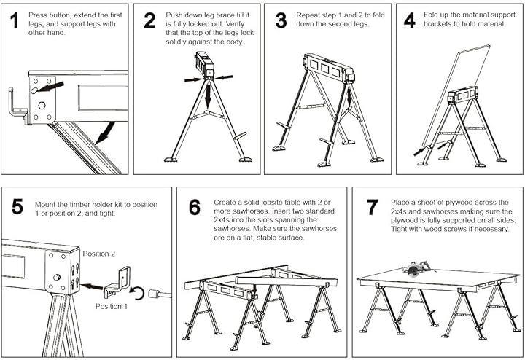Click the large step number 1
point(14,20)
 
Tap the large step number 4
point(410,20)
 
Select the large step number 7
point(373,208)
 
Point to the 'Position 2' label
point(98,254)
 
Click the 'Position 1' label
point(112,306)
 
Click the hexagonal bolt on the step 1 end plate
point(42,106)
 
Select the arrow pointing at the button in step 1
point(50,87)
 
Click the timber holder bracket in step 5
point(117,283)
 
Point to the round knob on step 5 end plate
point(58,277)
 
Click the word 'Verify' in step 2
point(235,24)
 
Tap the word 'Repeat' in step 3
point(307,15)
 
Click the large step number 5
point(17,206)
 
